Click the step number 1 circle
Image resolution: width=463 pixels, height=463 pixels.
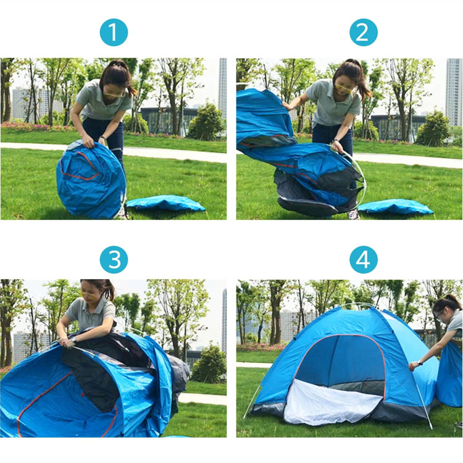coord(114,32)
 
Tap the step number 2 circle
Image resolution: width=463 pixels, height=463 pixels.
coord(363,32)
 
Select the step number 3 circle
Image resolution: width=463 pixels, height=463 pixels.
coord(114,259)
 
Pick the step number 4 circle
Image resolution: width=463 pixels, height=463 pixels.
coord(363,259)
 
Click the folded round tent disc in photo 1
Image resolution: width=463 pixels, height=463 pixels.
coord(91,180)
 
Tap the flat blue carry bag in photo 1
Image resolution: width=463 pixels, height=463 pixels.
coord(165,204)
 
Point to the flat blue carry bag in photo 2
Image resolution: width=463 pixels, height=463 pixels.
coord(395,207)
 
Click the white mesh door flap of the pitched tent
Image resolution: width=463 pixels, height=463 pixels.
coord(331,402)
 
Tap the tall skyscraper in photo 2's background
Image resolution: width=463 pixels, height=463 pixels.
coord(454,92)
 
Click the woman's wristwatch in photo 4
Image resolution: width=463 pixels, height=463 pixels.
coord(420,363)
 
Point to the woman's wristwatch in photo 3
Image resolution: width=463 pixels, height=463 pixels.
coord(73,340)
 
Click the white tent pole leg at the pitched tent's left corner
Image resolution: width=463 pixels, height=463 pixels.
coord(252,400)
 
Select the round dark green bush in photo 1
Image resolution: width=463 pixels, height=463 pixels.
coord(206,123)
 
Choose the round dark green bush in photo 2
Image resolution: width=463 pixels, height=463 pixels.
coord(433,130)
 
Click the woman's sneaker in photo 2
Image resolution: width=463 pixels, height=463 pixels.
coord(354,215)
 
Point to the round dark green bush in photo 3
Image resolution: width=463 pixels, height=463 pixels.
coord(209,363)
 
